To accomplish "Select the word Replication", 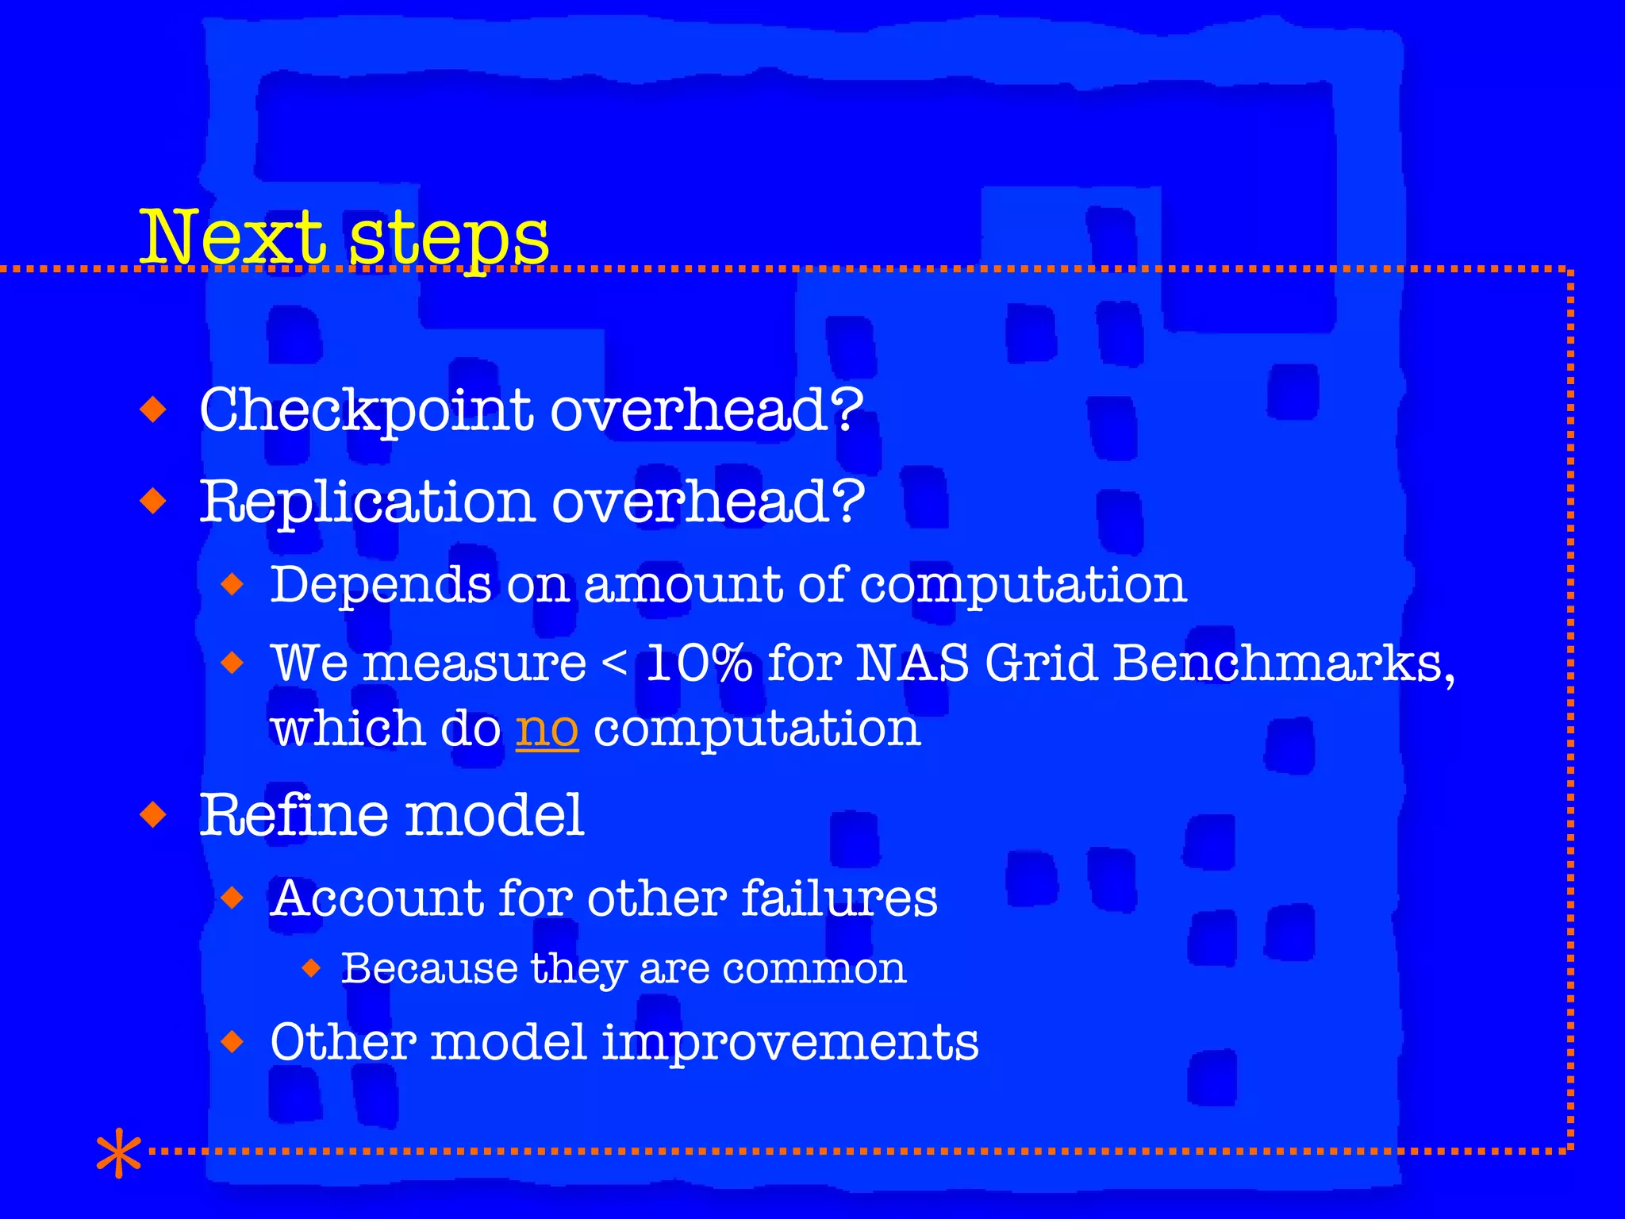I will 366,503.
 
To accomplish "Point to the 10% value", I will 698,663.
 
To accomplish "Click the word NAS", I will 912,663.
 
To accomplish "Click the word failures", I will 839,898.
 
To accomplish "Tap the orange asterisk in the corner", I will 118,1152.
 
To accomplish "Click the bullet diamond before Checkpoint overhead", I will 152,410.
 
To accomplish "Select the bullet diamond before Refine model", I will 152,815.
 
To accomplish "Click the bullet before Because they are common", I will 311,968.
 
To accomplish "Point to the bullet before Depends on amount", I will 232,586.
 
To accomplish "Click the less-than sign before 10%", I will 614,663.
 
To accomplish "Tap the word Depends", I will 381,586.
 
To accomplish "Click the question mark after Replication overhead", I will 849,502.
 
